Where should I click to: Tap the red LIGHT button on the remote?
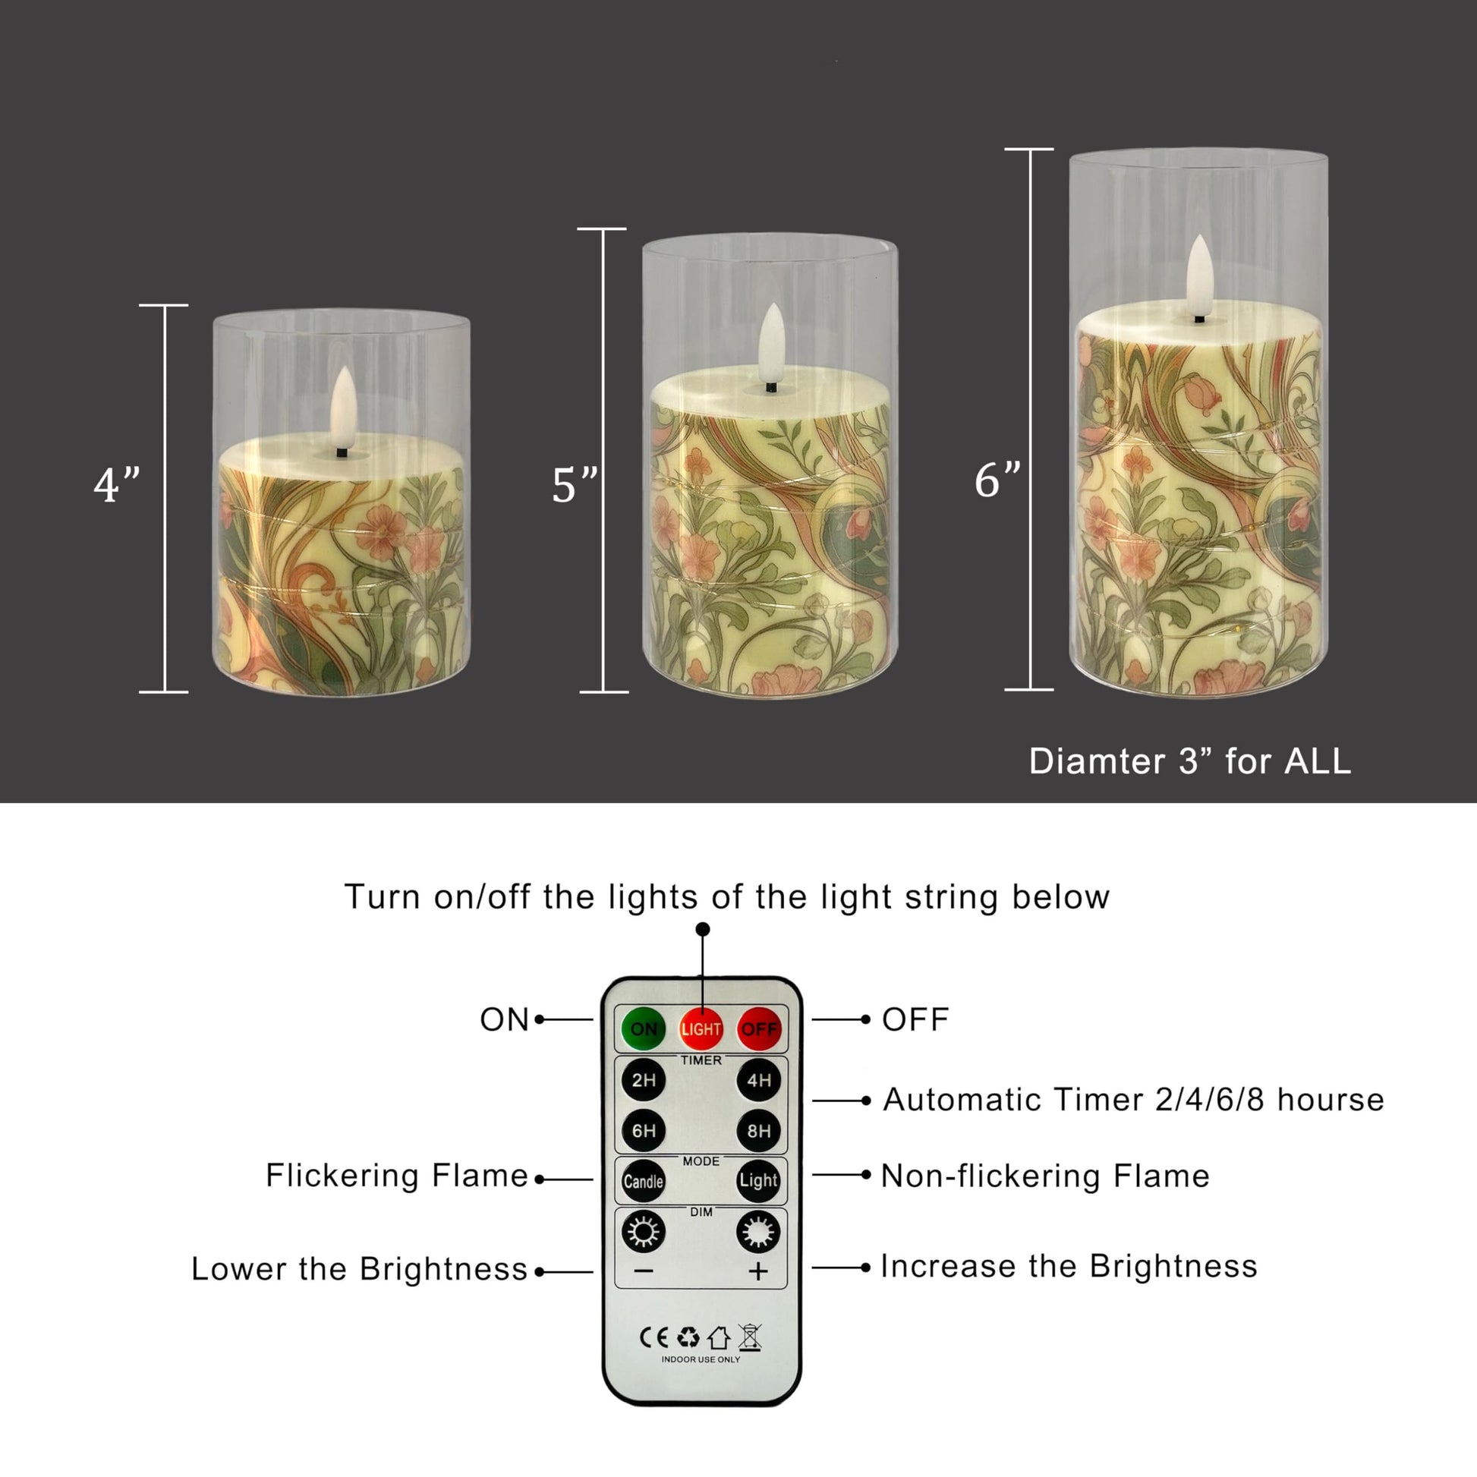tap(701, 1029)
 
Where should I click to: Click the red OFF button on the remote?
tap(758, 1029)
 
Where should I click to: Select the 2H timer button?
tap(644, 1080)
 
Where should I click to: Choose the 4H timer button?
tap(758, 1080)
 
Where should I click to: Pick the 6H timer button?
tap(644, 1131)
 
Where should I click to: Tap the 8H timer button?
tap(758, 1131)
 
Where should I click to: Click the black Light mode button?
tap(758, 1180)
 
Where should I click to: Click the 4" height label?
tap(117, 485)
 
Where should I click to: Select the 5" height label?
tap(575, 485)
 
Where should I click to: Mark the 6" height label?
tap(997, 480)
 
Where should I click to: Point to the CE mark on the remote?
tap(653, 1337)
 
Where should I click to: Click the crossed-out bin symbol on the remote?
tap(750, 1337)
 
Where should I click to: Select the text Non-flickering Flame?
tap(1045, 1176)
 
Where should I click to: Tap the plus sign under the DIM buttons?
tap(757, 1271)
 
